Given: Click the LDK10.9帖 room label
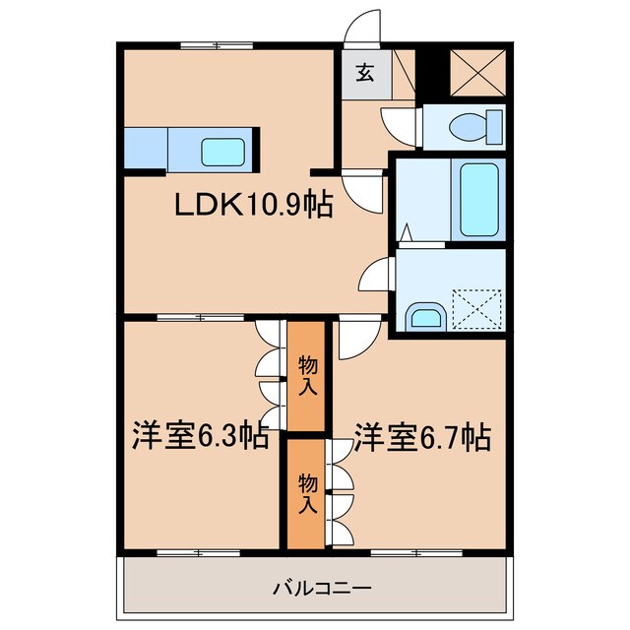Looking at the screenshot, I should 253,206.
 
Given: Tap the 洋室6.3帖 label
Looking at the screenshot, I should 200,436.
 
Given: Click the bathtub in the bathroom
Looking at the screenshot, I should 478,201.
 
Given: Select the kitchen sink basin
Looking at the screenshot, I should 224,152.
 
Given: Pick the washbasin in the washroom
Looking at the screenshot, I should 426,316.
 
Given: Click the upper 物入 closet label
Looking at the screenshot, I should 307,376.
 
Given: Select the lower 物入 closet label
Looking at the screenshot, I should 307,492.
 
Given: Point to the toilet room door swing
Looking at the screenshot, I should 400,124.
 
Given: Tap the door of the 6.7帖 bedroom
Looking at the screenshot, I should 351,341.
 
